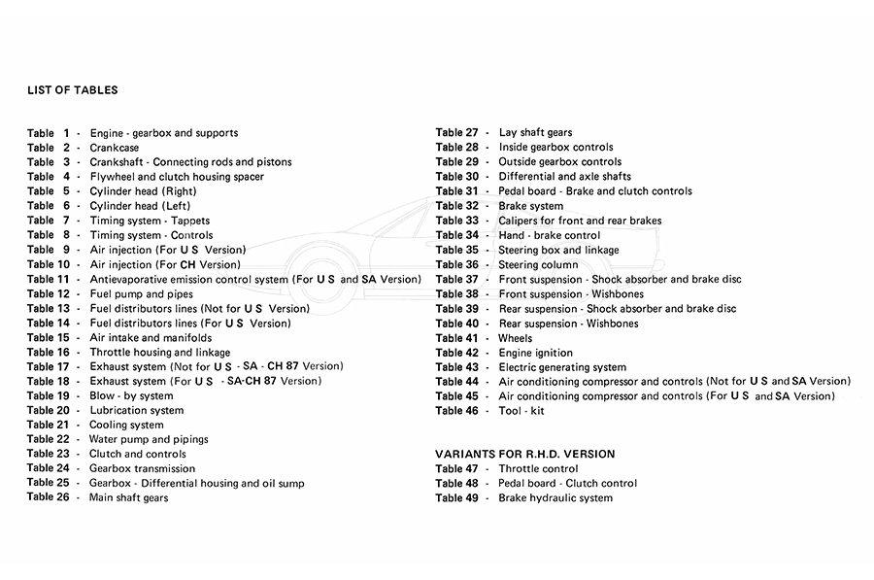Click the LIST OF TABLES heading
pyautogui.click(x=73, y=90)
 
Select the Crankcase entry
pyautogui.click(x=114, y=148)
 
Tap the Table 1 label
pyautogui.click(x=49, y=133)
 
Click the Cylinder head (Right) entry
pyautogui.click(x=143, y=191)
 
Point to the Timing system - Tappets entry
pyautogui.click(x=150, y=221)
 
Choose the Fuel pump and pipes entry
pyautogui.click(x=141, y=293)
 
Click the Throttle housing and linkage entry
pyautogui.click(x=160, y=353)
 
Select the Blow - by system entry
pyautogui.click(x=131, y=396)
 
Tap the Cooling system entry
pyautogui.click(x=126, y=425)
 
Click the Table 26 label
pyautogui.click(x=48, y=497)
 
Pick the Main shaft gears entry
pyautogui.click(x=128, y=497)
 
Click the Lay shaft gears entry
pyautogui.click(x=535, y=133)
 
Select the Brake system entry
pyautogui.click(x=530, y=206)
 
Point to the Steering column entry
pyautogui.click(x=538, y=264)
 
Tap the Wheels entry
pyautogui.click(x=515, y=338)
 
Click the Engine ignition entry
pyautogui.click(x=535, y=353)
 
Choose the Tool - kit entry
pyautogui.click(x=523, y=411)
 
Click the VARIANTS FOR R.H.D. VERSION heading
pyautogui.click(x=524, y=454)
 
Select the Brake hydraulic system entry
pyautogui.click(x=555, y=497)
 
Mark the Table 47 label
pyautogui.click(x=456, y=468)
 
